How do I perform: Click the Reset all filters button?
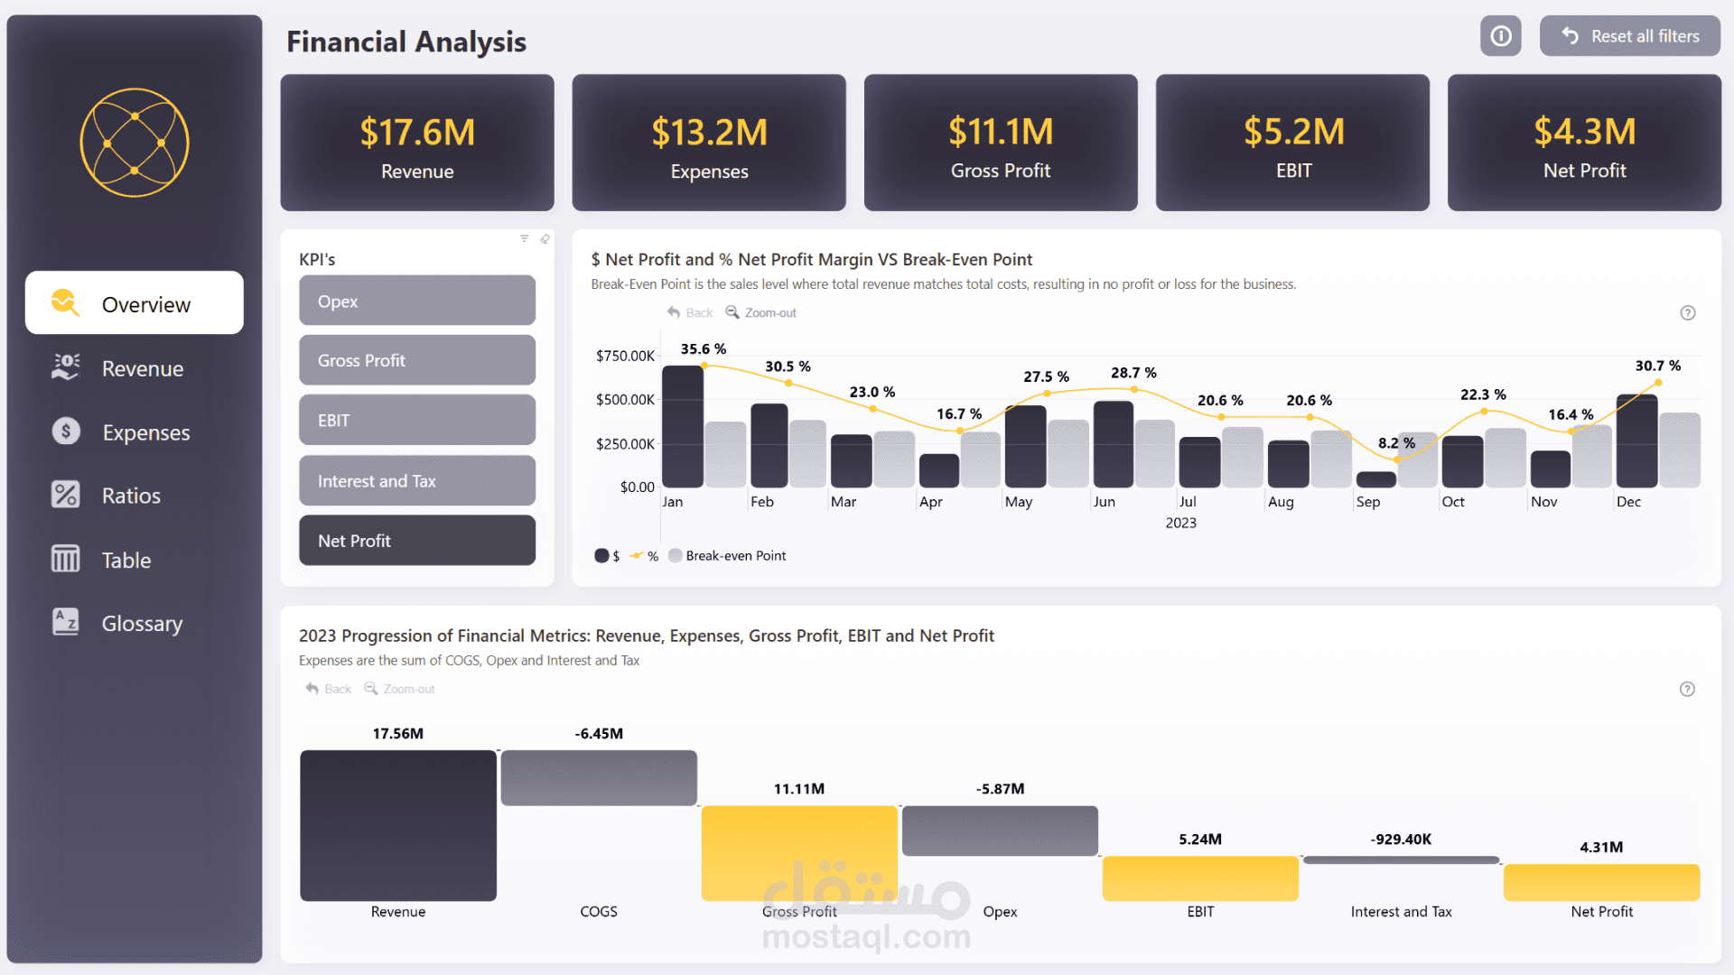click(1629, 36)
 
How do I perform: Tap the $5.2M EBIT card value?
click(1293, 132)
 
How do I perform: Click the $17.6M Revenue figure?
click(417, 133)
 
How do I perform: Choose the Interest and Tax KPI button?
click(416, 481)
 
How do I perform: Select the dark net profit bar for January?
click(682, 426)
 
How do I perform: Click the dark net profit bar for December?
click(1636, 441)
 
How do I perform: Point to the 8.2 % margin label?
click(1396, 443)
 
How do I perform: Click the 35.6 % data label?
click(703, 349)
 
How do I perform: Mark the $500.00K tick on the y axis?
click(625, 400)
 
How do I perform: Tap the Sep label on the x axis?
click(1367, 502)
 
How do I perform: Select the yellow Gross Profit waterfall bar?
click(798, 852)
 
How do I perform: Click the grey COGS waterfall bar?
click(598, 777)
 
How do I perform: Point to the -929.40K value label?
click(1400, 840)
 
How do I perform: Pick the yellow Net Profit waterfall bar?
click(1600, 882)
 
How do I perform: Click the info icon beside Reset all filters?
click(1500, 36)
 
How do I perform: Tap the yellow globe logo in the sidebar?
click(135, 143)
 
